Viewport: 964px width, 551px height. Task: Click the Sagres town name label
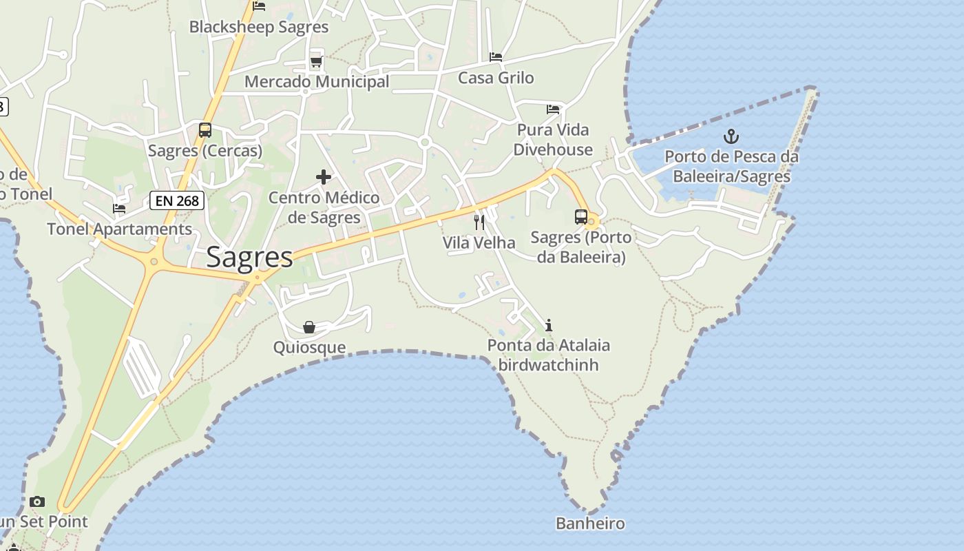[249, 257]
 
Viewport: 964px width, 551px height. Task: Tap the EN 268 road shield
[178, 201]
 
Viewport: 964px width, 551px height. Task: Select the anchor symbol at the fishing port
[731, 136]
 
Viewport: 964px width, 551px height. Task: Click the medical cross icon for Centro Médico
[324, 178]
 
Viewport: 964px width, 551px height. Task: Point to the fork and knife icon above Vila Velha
[479, 222]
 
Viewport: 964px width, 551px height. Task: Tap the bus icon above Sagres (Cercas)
[205, 129]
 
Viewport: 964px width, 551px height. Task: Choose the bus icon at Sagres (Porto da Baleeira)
[581, 217]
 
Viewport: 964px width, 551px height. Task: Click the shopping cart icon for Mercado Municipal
[316, 62]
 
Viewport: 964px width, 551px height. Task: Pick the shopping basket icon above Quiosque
[309, 326]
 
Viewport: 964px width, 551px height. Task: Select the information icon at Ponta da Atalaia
[549, 325]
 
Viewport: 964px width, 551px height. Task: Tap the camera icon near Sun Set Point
[37, 501]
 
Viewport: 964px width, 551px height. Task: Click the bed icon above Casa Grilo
[496, 57]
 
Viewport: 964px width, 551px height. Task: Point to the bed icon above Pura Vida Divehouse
[553, 109]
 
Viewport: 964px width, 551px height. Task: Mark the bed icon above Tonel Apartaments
[119, 209]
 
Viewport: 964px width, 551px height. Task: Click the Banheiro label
[590, 523]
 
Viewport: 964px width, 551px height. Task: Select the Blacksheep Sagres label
[259, 27]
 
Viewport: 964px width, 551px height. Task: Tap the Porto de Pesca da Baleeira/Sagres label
[731, 167]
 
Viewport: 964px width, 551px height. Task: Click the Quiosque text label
[309, 346]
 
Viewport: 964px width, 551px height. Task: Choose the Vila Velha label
[479, 242]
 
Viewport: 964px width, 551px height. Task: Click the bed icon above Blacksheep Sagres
[259, 6]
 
